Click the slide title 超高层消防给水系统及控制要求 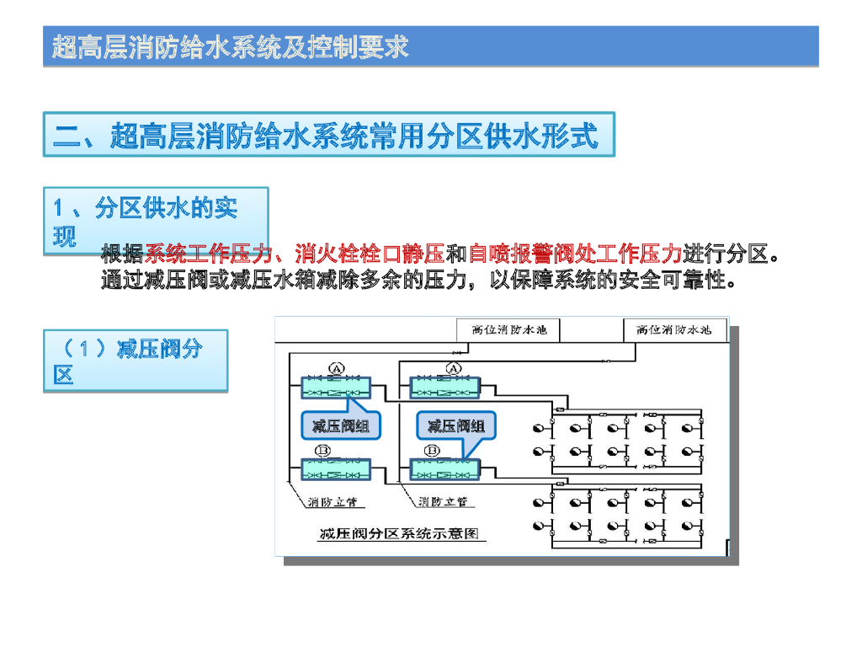[x=230, y=47]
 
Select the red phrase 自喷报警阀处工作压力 [x=574, y=253]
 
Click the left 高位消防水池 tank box [x=509, y=329]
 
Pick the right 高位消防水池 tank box [x=674, y=329]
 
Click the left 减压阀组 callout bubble [x=340, y=426]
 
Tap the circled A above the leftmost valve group [x=335, y=369]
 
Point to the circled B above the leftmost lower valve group [x=323, y=452]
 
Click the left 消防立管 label [x=332, y=502]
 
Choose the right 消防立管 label [x=443, y=502]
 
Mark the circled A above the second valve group [x=452, y=369]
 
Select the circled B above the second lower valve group [x=432, y=452]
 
